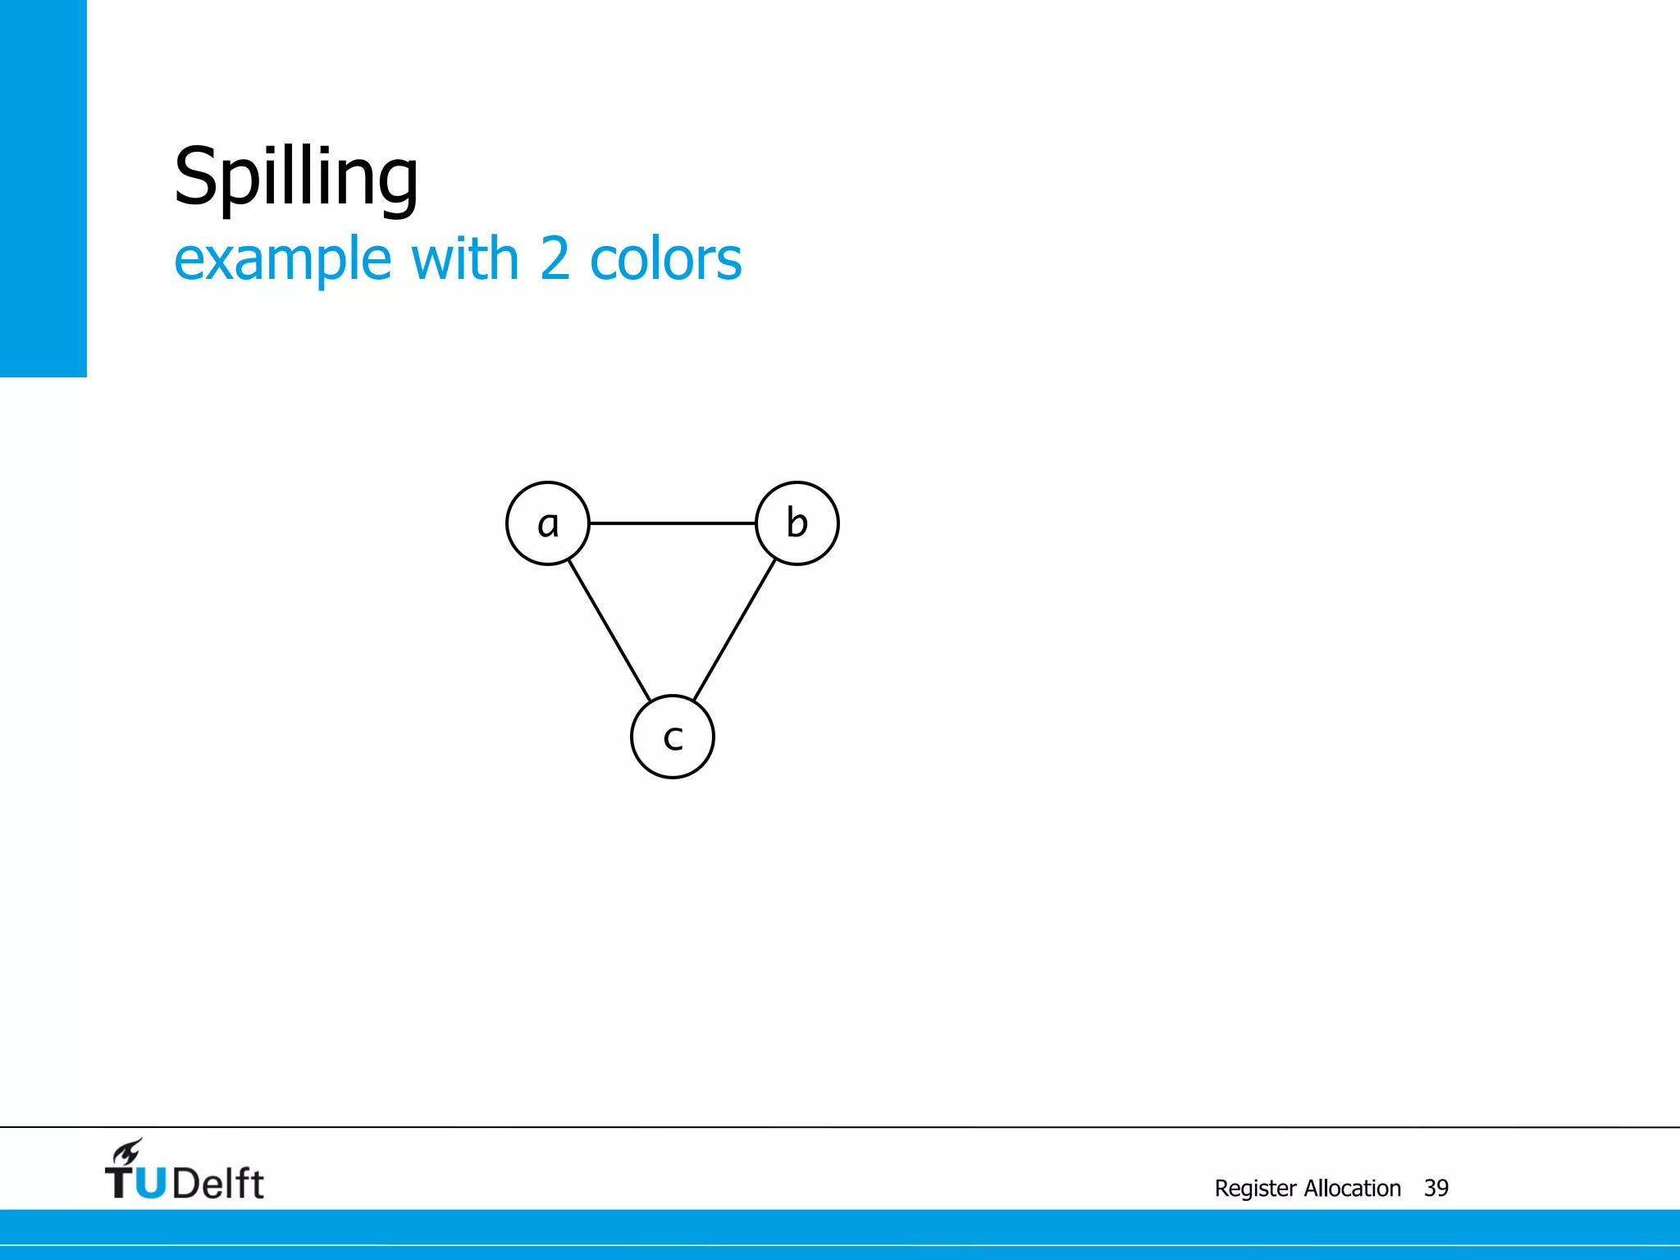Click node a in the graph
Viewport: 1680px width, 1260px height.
click(548, 523)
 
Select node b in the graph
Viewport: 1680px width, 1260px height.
click(797, 523)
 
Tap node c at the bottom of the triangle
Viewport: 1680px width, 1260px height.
click(673, 737)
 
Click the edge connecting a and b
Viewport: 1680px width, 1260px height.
click(673, 523)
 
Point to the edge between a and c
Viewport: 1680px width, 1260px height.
click(609, 630)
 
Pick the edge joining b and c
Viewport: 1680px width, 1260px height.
click(735, 630)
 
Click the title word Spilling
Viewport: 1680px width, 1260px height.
click(296, 177)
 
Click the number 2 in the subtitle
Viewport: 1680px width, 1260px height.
click(555, 259)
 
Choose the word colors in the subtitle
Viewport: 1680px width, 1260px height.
click(665, 259)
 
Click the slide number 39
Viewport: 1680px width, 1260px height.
click(1436, 1188)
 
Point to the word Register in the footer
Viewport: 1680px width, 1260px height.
click(1255, 1189)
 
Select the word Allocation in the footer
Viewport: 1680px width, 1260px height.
click(1353, 1188)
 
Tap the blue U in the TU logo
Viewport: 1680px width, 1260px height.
click(150, 1183)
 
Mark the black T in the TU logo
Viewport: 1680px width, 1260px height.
click(120, 1183)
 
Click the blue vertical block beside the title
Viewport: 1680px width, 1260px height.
click(43, 188)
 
